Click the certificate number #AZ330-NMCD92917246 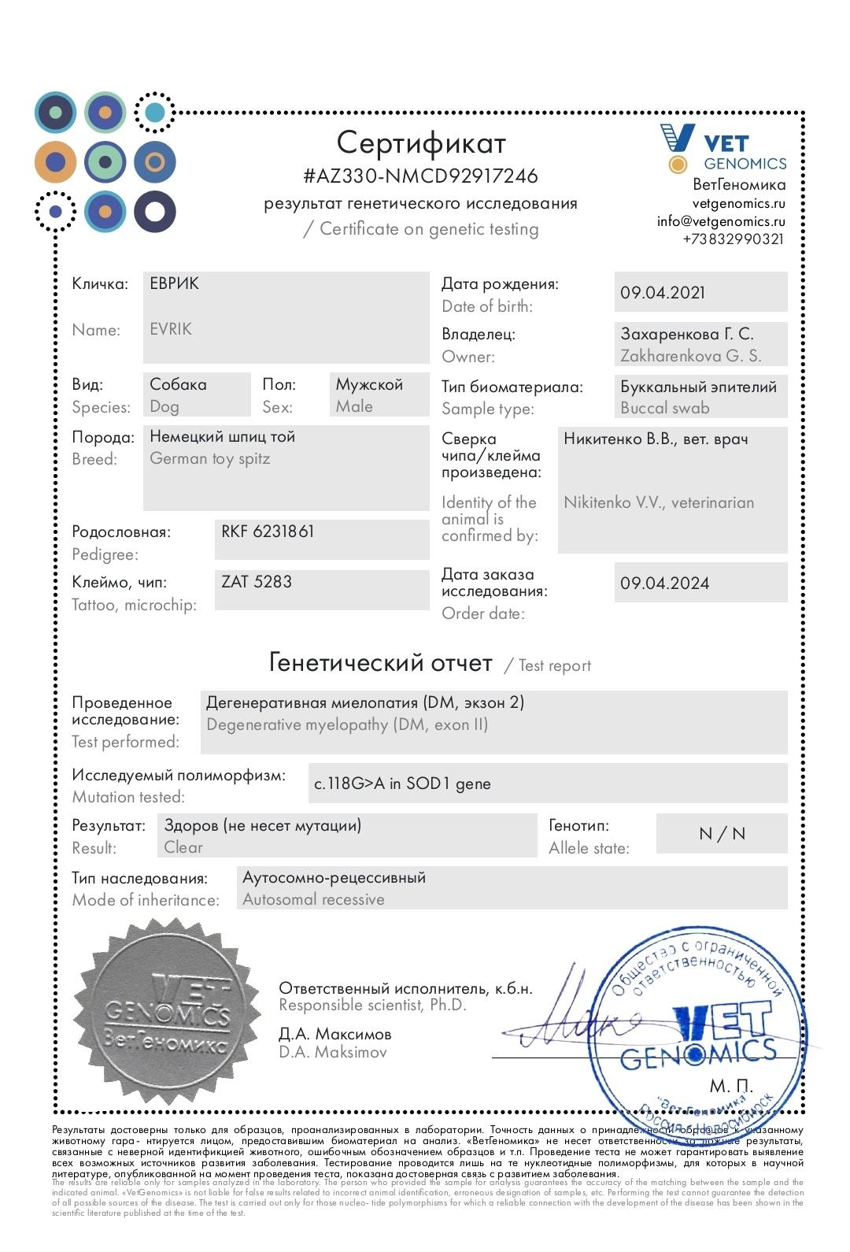pyautogui.click(x=420, y=176)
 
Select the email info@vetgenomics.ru pyautogui.click(x=721, y=221)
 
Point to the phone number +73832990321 pyautogui.click(x=733, y=239)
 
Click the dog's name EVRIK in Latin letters pyautogui.click(x=171, y=329)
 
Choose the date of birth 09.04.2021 pyautogui.click(x=663, y=293)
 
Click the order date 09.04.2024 pyautogui.click(x=664, y=583)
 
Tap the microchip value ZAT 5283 pyautogui.click(x=257, y=582)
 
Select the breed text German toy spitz pyautogui.click(x=210, y=459)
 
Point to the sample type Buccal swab pyautogui.click(x=665, y=408)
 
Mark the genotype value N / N pyautogui.click(x=722, y=834)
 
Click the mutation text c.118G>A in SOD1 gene pyautogui.click(x=402, y=783)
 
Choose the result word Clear pyautogui.click(x=183, y=848)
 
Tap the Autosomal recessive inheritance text pyautogui.click(x=313, y=899)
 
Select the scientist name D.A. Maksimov pyautogui.click(x=333, y=1052)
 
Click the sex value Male pyautogui.click(x=354, y=406)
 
